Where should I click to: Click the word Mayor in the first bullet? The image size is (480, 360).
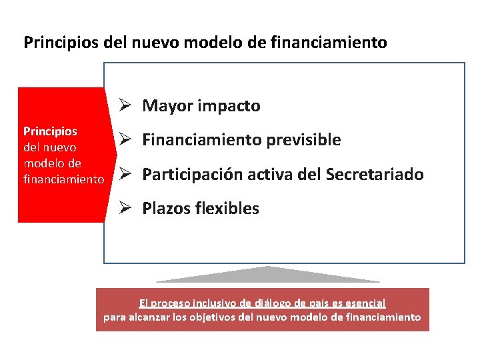tap(163, 106)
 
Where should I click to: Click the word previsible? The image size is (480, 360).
tap(303, 140)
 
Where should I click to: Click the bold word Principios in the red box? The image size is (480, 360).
tap(50, 131)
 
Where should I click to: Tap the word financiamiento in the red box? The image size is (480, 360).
tap(64, 179)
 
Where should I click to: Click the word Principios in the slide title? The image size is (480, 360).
tap(61, 43)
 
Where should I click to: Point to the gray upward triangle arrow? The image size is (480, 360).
tap(267, 274)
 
